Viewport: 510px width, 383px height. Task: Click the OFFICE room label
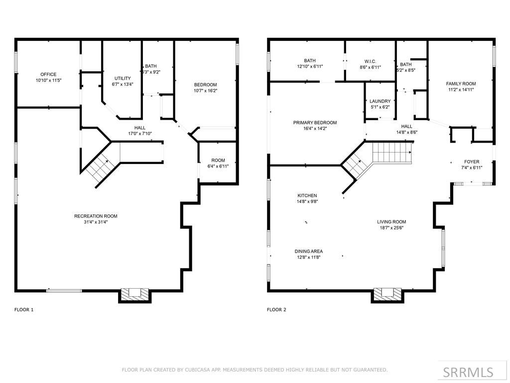48,74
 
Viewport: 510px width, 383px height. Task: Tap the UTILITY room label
123,78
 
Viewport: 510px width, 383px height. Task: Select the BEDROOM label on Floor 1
205,85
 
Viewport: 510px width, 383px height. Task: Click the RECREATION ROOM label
96,216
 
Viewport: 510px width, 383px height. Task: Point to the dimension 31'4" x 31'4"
96,222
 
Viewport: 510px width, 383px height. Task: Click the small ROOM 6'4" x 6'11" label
218,160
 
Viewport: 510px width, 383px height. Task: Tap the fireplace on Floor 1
134,294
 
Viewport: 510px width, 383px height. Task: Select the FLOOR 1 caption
24,310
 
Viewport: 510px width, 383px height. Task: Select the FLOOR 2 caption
277,310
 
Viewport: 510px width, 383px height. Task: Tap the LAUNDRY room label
380,101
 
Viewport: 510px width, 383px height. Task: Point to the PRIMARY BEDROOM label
315,123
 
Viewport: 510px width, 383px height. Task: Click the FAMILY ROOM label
461,84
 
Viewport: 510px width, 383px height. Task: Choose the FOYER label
472,162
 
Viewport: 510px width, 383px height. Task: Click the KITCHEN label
307,195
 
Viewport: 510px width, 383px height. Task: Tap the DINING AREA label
309,251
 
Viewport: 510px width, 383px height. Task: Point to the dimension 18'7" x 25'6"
391,228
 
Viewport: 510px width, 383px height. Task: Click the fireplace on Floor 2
387,294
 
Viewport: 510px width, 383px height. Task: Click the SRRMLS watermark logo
468,372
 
